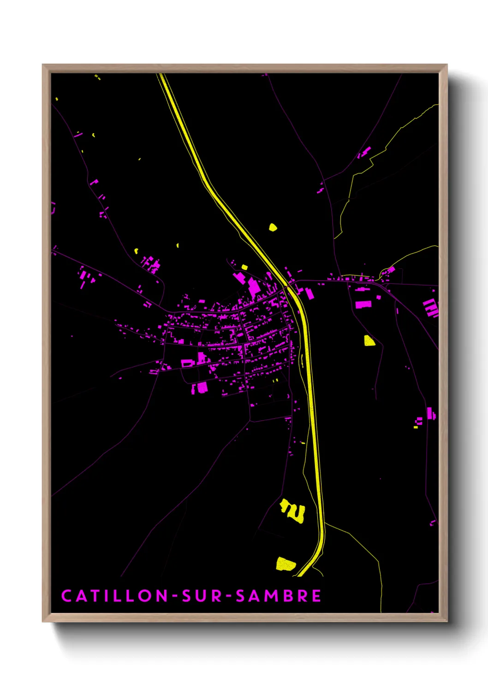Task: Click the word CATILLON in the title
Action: tap(115, 596)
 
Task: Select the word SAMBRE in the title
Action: tap(278, 596)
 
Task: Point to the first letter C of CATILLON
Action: tap(66, 596)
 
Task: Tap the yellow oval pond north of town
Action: tap(273, 227)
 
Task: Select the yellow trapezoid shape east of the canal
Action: tap(369, 341)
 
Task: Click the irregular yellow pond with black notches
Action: tap(293, 511)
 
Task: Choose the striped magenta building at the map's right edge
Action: tap(431, 307)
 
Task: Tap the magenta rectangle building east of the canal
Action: tap(363, 305)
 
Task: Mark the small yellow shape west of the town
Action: tap(137, 251)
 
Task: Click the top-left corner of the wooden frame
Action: tap(43, 65)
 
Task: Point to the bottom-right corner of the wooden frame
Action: tap(446, 621)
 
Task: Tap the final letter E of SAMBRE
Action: tap(316, 596)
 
